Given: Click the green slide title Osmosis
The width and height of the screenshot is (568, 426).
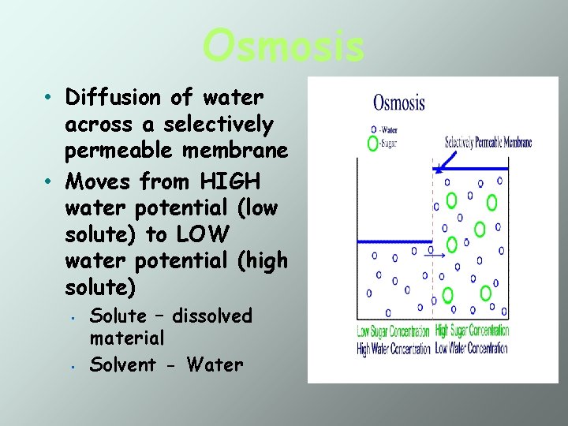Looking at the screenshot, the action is coord(283,45).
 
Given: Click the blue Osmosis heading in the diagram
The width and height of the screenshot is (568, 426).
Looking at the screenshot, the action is coord(398,103).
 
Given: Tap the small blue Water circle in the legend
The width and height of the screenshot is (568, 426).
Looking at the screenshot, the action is coord(373,129).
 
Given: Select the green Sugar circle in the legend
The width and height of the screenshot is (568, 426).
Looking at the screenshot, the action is coord(373,143).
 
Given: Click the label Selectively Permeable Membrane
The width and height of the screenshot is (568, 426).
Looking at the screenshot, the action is coord(488,143).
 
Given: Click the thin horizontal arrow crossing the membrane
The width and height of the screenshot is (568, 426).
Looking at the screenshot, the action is coord(434,255).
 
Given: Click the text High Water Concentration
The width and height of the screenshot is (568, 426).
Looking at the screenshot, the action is coord(394,348).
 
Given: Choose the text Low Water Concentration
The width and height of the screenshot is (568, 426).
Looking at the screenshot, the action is coord(472,348).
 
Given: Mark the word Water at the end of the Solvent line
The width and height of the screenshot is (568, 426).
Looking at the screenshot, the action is coord(217,364).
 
